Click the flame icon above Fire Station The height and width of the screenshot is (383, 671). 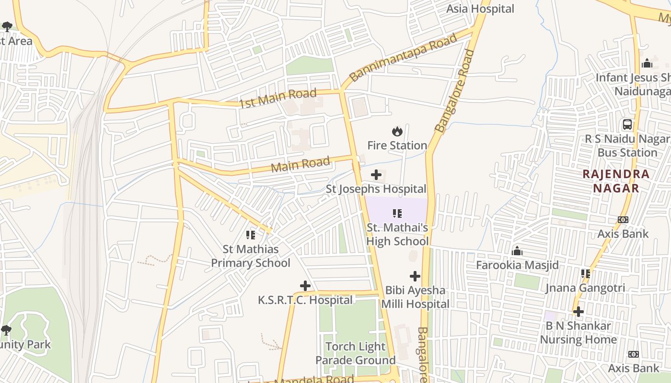397,131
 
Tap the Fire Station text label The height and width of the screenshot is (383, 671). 397,145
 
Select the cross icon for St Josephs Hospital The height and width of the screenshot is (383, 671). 376,175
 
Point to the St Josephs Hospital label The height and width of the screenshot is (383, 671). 376,189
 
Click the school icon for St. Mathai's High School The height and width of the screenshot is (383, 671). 397,214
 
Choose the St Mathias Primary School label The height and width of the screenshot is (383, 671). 251,256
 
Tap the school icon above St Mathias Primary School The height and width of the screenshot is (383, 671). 251,235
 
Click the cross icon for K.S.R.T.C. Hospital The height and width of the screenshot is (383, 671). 305,286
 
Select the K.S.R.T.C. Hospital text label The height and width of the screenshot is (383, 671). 305,300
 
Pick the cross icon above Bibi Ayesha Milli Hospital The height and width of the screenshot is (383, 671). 415,276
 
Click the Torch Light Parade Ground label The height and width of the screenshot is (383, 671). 355,353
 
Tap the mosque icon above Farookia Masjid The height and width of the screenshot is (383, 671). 517,251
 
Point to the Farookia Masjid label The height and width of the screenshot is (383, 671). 517,265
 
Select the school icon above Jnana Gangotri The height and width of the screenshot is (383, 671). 585,274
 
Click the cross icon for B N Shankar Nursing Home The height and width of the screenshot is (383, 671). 578,312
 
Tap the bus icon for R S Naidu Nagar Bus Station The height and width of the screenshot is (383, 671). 627,124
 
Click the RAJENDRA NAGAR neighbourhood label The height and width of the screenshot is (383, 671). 616,181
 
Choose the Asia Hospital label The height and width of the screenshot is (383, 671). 480,9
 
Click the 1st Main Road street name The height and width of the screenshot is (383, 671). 278,98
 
